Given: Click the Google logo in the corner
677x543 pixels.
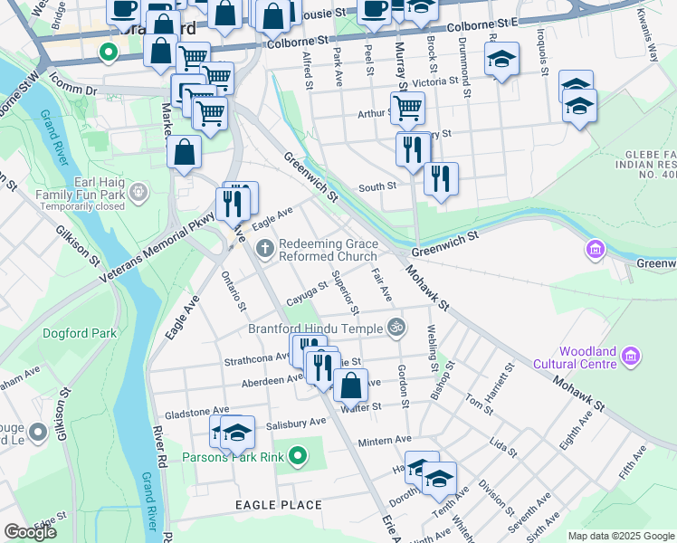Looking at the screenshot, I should pyautogui.click(x=30, y=532).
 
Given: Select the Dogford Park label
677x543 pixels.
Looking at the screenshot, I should pyautogui.click(x=80, y=333).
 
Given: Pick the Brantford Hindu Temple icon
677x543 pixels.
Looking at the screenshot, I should pyautogui.click(x=395, y=327).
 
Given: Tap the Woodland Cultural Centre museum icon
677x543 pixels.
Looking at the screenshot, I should pyautogui.click(x=633, y=358).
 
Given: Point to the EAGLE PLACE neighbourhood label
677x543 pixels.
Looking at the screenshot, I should pyautogui.click(x=278, y=504).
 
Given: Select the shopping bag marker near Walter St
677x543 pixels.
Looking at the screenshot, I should pyautogui.click(x=350, y=386).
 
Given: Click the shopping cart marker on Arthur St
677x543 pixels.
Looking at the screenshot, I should pyautogui.click(x=408, y=109).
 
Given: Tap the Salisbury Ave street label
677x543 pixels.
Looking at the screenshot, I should pyautogui.click(x=296, y=423).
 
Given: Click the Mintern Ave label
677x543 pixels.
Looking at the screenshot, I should pyautogui.click(x=385, y=441).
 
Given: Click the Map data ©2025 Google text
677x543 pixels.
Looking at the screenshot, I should pyautogui.click(x=620, y=536).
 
